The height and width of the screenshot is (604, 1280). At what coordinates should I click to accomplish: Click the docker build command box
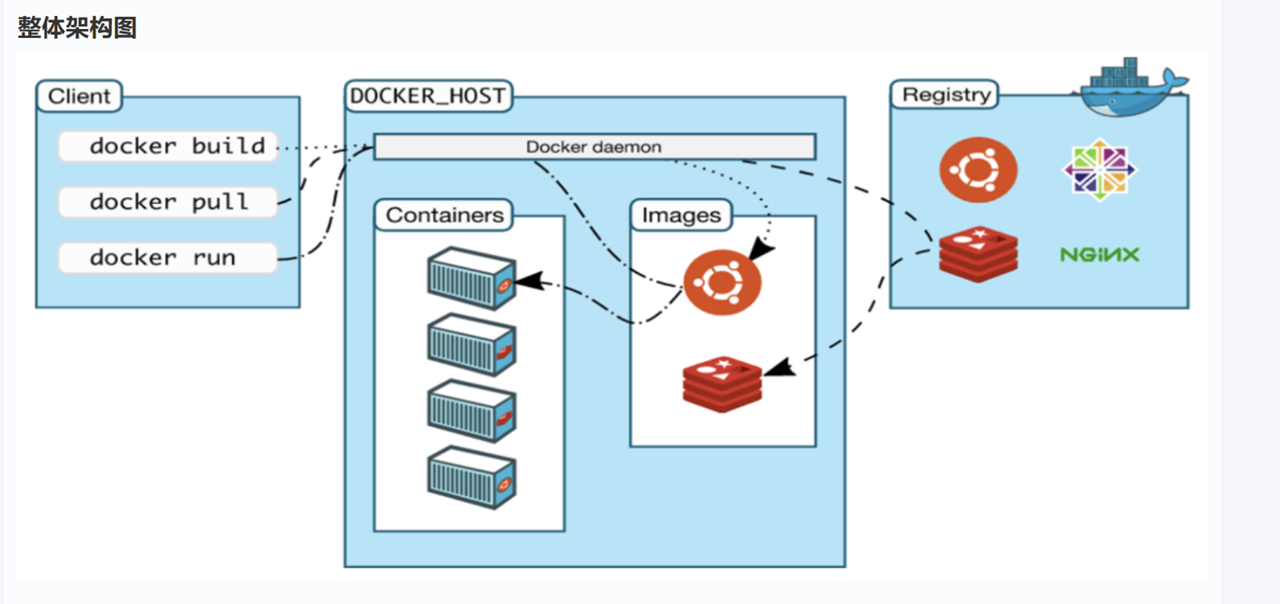click(168, 146)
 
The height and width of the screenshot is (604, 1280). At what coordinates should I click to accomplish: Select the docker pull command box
click(168, 202)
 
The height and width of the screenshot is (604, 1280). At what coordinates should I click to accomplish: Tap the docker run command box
click(168, 258)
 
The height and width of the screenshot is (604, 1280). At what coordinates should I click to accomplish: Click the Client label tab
click(79, 97)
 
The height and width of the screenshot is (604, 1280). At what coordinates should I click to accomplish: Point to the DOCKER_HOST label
click(427, 97)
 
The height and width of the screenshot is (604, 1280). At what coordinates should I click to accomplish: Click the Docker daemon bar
click(594, 147)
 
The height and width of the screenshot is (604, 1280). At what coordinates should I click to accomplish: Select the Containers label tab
click(444, 215)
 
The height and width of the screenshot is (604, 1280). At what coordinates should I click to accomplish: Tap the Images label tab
click(681, 215)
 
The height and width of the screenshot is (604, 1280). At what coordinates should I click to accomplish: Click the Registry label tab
click(945, 95)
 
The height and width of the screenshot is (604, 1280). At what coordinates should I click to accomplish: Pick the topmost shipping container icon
click(472, 278)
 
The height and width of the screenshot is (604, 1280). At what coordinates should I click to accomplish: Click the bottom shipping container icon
click(472, 477)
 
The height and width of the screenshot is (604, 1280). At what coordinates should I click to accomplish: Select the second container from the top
click(472, 345)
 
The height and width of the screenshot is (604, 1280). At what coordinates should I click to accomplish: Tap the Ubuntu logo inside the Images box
click(721, 282)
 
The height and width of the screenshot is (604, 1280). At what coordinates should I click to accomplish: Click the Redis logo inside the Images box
click(722, 384)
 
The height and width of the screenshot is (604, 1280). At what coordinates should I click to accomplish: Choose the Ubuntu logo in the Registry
click(978, 170)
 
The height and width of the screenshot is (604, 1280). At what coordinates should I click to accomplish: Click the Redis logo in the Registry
click(978, 254)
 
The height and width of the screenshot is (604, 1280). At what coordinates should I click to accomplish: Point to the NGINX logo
click(1100, 255)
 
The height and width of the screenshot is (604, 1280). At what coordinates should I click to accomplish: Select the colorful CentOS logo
click(1100, 170)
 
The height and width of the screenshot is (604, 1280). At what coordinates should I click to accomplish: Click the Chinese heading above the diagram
click(77, 28)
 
